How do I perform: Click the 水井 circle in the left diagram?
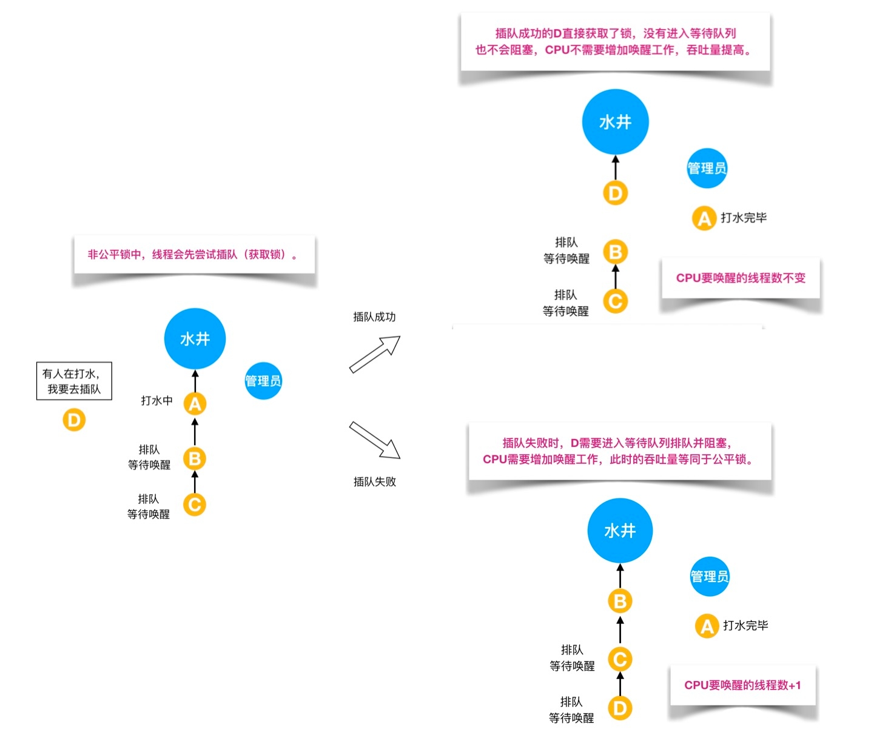coord(195,338)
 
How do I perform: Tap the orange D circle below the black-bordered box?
coord(74,420)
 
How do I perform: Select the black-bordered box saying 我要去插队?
coord(74,381)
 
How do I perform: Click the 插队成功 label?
coord(374,317)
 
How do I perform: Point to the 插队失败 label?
coord(374,481)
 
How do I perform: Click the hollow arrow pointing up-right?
coord(375,354)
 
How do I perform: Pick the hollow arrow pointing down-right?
coord(375,440)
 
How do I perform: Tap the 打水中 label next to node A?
coord(156,400)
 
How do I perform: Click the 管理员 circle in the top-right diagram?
coord(707,168)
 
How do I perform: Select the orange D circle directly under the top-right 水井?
coord(615,193)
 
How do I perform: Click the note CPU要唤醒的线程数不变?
coord(741,278)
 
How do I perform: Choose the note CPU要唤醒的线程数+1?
coord(742,685)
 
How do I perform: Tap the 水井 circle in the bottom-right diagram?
coord(620,531)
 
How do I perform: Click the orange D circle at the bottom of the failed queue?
coord(620,708)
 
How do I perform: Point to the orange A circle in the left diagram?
coord(195,404)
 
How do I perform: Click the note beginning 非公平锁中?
coord(194,255)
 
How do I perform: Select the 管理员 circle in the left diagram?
coord(263,381)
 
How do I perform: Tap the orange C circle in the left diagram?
coord(195,505)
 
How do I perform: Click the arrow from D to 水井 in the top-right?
coord(615,167)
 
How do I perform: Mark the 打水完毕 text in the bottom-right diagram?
coord(745,625)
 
